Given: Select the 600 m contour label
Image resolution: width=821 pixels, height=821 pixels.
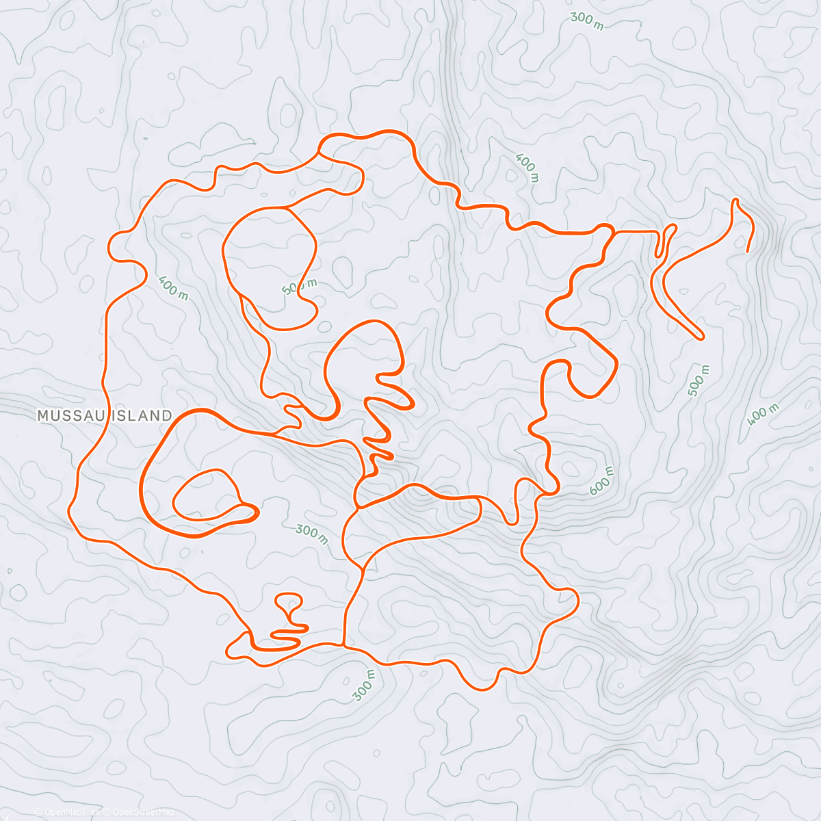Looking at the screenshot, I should pos(601,481).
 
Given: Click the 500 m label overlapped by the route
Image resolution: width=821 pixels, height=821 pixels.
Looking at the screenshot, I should pos(300,286).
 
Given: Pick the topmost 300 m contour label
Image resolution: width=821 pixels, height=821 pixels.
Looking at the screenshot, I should pos(586,21).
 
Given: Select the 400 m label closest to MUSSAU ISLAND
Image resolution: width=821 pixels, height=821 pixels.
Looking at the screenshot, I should pos(173,287).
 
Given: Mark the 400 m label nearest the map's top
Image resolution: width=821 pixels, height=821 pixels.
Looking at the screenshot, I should pos(527,168).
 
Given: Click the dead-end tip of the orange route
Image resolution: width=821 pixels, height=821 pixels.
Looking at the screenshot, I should pos(746,251).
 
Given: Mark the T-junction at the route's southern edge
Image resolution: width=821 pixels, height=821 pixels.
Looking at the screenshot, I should pos(343,644).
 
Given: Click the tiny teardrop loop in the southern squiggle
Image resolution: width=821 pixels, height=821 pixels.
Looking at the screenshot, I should pos(288,601).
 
